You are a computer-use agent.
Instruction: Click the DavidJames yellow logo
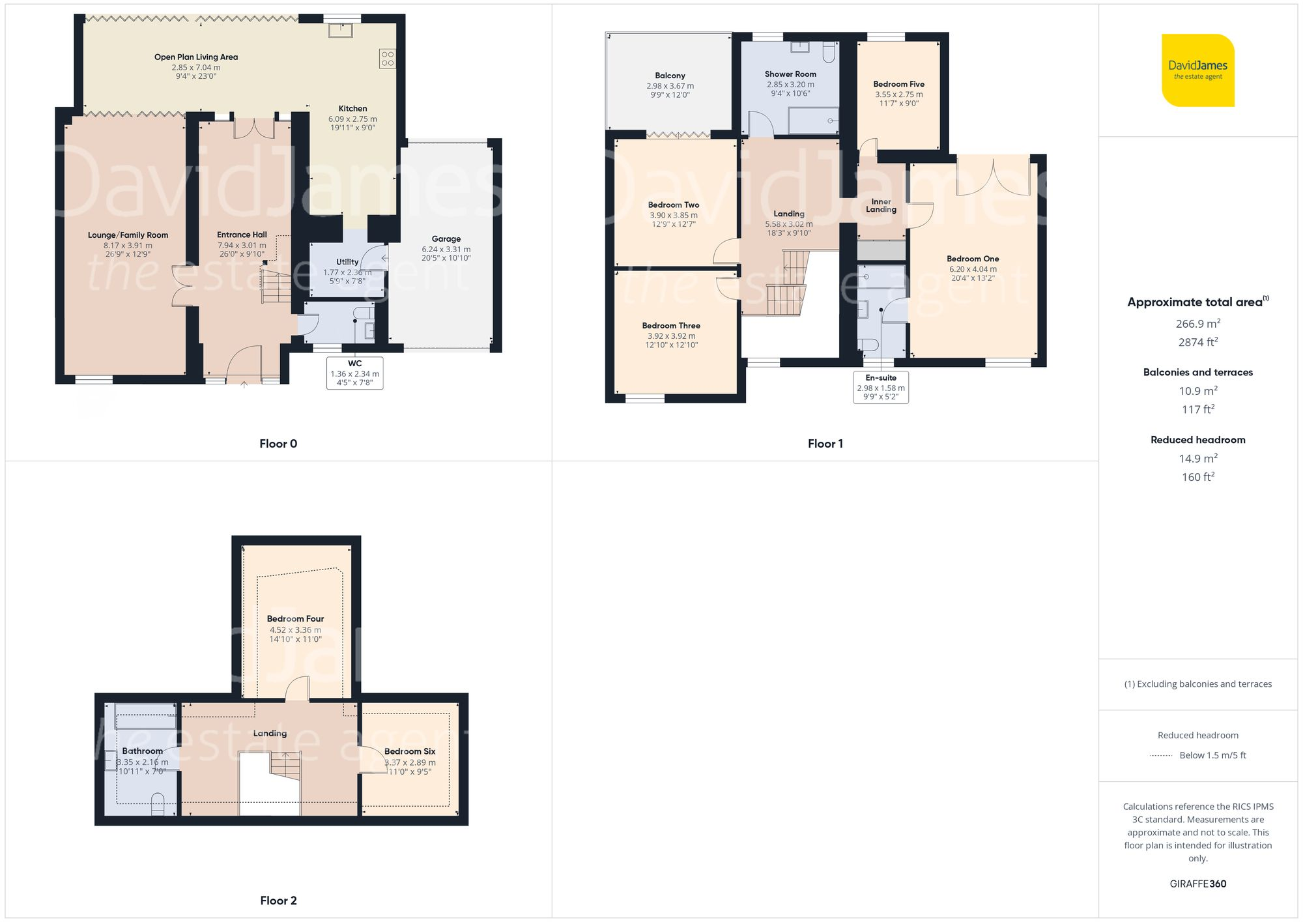click(x=1197, y=70)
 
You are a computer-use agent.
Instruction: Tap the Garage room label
click(x=446, y=239)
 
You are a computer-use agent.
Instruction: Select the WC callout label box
click(x=354, y=373)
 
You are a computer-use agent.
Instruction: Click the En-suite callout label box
click(x=881, y=387)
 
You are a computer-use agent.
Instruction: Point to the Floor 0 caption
click(x=278, y=444)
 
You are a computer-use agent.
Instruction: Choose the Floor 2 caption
click(x=278, y=900)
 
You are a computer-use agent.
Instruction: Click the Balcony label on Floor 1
click(x=670, y=76)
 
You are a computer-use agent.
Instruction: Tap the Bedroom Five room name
click(x=898, y=84)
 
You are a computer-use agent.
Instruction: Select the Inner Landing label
click(x=881, y=206)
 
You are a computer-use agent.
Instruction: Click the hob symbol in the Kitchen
click(x=387, y=59)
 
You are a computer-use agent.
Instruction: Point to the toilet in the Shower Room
click(x=829, y=52)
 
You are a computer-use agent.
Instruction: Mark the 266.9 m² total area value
click(x=1197, y=324)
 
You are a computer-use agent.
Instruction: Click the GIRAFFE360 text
click(x=1197, y=884)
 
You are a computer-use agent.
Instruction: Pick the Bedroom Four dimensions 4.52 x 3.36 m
click(x=295, y=630)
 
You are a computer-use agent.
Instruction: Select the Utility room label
click(x=347, y=262)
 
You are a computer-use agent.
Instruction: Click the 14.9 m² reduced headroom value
click(x=1197, y=459)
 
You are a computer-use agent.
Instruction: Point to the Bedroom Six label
click(x=409, y=751)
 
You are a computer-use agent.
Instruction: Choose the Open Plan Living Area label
click(x=196, y=57)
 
